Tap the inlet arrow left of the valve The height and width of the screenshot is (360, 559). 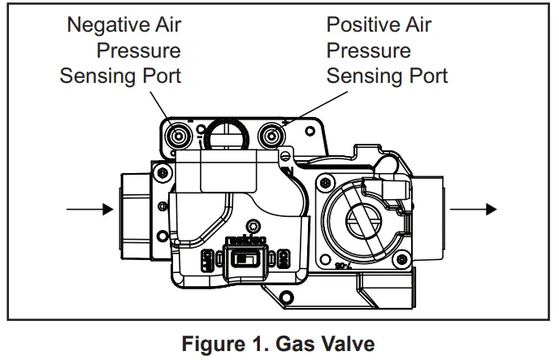pyautogui.click(x=89, y=209)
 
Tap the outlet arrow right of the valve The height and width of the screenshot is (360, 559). pyautogui.click(x=472, y=209)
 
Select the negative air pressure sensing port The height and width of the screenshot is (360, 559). pyautogui.click(x=178, y=136)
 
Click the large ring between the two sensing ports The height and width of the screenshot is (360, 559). pyautogui.click(x=223, y=132)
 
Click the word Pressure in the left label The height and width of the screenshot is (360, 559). pyautogui.click(x=139, y=50)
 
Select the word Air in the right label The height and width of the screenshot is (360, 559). pyautogui.click(x=415, y=24)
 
